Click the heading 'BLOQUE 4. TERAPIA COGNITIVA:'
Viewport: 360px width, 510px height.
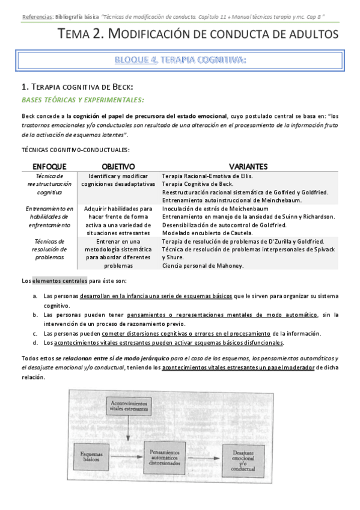180,60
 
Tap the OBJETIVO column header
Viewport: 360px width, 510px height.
118,166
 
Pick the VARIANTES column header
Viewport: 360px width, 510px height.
248,166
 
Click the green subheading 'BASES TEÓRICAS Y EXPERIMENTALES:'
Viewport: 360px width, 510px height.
82,99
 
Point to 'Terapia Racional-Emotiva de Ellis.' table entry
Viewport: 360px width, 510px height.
208,176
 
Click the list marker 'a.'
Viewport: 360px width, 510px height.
35,296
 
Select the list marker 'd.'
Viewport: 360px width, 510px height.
35,343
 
